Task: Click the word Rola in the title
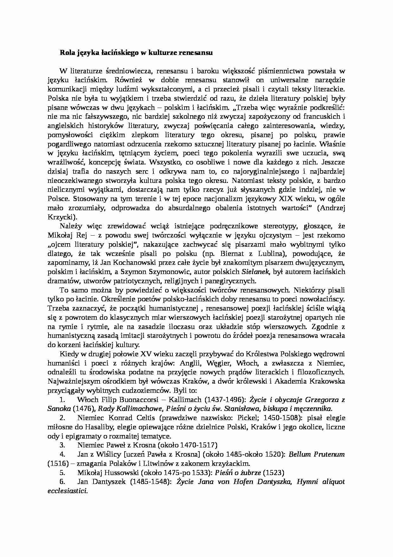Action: pos(67,53)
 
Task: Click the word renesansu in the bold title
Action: pos(197,53)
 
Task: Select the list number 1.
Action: pos(62,399)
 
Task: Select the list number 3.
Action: pos(62,445)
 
